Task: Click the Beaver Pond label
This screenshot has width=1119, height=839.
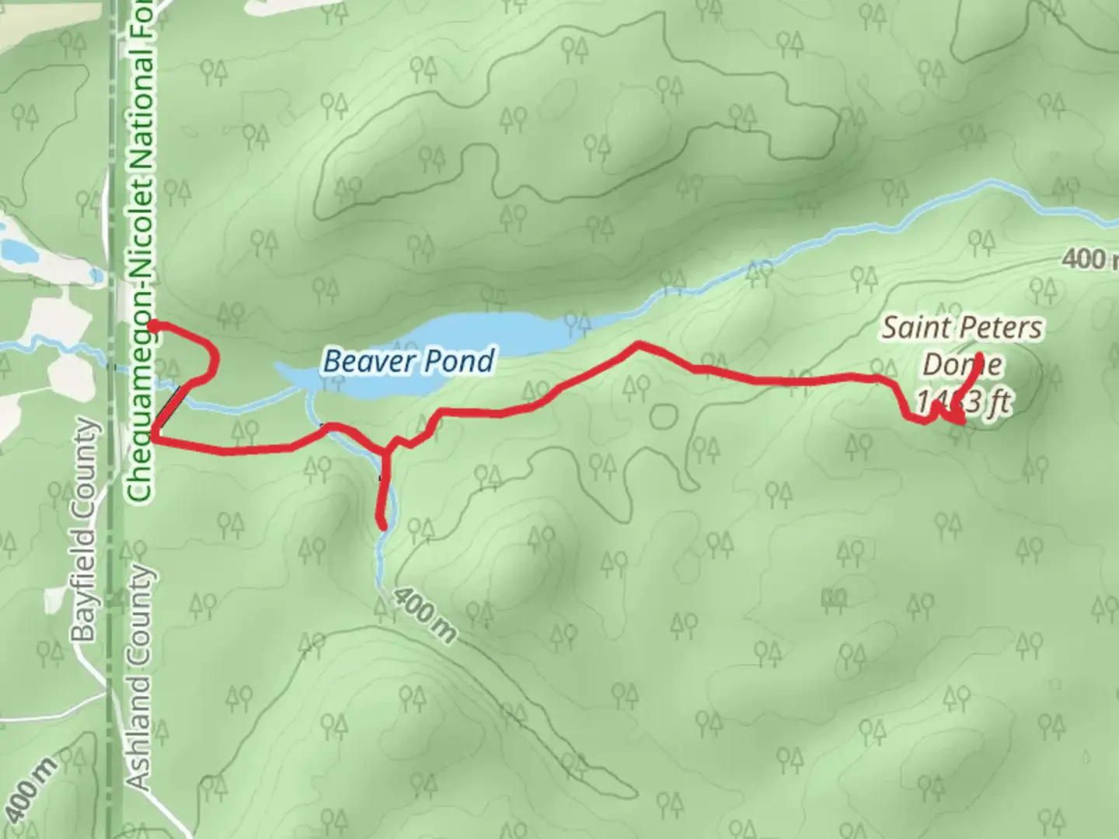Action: tap(409, 361)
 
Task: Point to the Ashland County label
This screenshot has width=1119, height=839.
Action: tap(141, 677)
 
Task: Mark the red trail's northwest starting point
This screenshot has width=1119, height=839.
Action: tap(153, 326)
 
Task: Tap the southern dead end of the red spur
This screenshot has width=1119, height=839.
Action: tap(382, 526)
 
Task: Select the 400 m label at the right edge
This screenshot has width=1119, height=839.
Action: tap(1088, 259)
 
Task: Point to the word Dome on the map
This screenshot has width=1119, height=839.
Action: tap(962, 365)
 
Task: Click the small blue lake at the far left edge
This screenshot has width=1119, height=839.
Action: tap(16, 249)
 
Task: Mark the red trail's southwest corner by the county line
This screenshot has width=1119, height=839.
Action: tap(155, 439)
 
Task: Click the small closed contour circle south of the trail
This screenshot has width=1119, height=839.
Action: tap(662, 416)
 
